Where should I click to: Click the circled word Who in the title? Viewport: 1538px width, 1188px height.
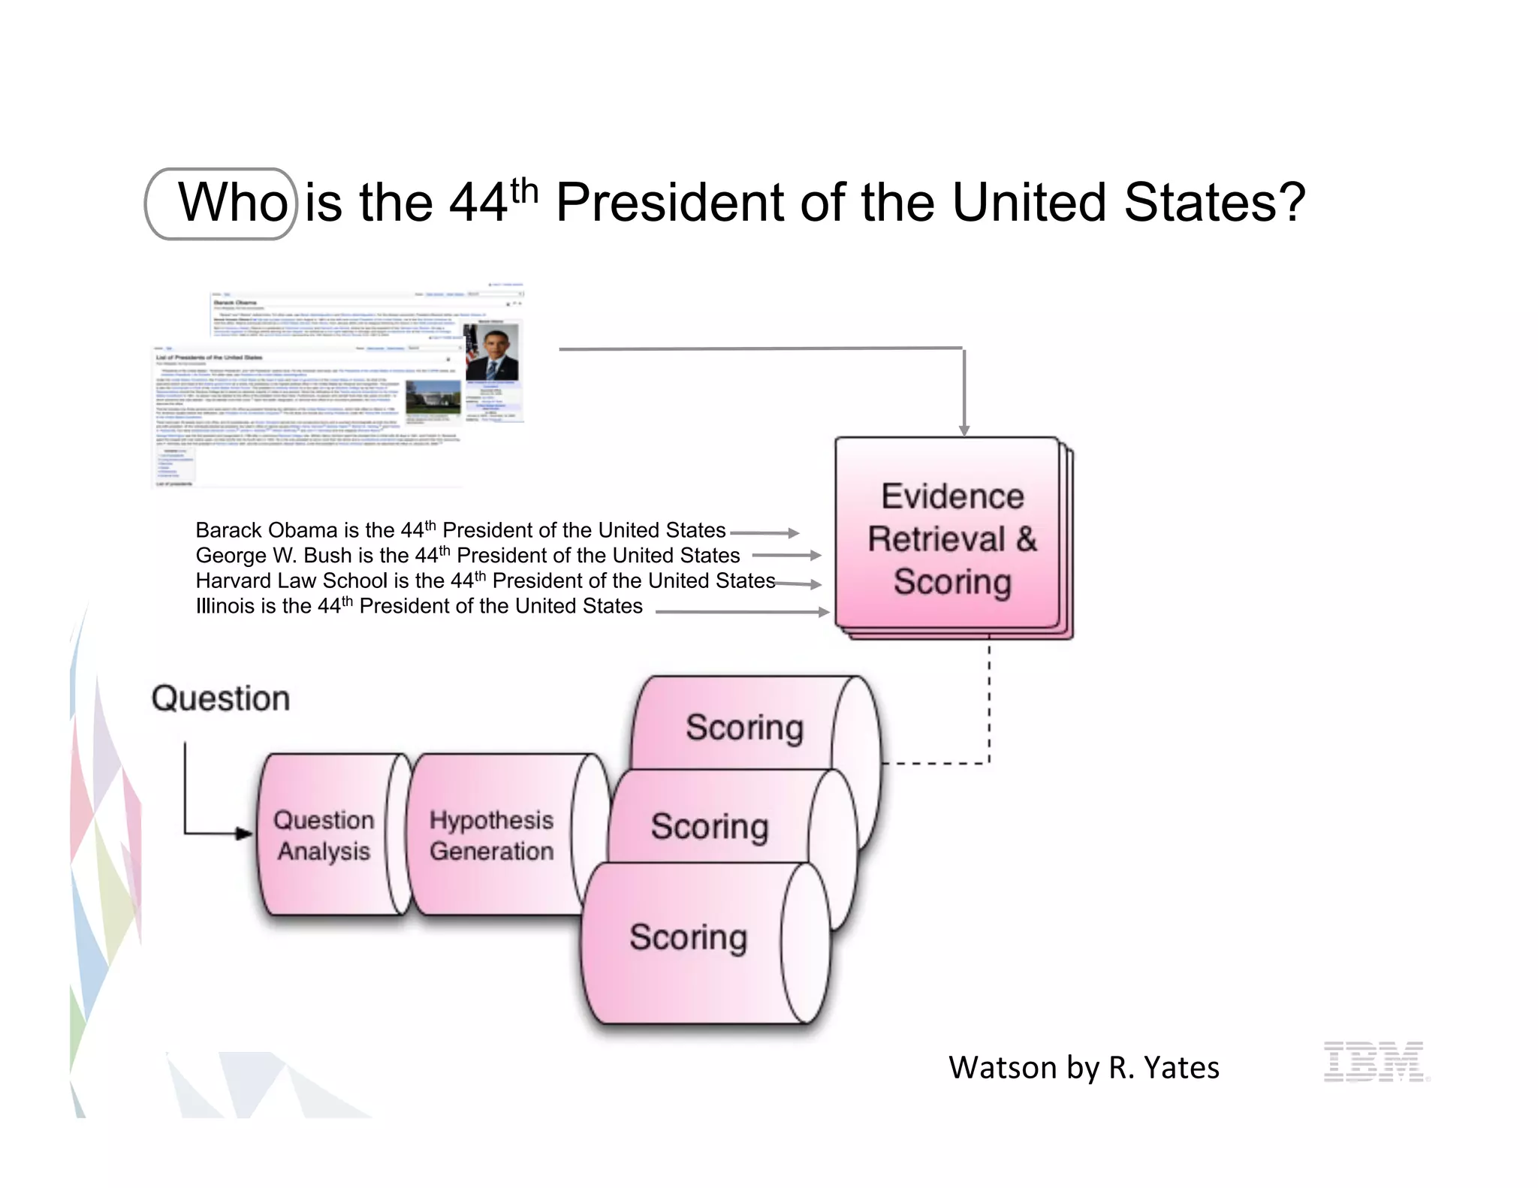tap(231, 203)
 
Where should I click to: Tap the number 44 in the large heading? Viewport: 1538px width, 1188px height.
tap(478, 203)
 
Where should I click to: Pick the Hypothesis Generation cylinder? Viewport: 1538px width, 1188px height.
tap(492, 835)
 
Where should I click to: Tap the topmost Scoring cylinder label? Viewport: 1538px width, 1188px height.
tap(744, 727)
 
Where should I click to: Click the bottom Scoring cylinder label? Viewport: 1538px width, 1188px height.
tap(688, 937)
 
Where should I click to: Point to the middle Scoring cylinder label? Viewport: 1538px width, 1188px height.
tap(710, 826)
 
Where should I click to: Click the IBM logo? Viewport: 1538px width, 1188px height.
tap(1374, 1061)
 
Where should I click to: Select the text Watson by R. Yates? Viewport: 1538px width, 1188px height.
tap(1084, 1067)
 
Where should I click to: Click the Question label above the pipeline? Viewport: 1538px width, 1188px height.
tap(221, 698)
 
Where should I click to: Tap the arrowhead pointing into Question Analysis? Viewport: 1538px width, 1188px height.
tap(244, 833)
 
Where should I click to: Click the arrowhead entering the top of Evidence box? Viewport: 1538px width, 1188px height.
tap(964, 430)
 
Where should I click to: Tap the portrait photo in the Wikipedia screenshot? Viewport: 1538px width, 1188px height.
tap(492, 352)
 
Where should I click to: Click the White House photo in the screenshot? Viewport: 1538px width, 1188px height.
tap(433, 397)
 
